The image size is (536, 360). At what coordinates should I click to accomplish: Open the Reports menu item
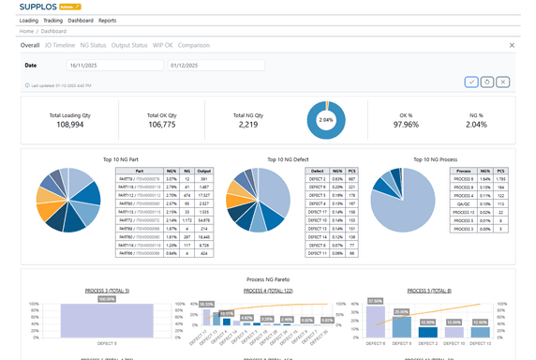(x=108, y=20)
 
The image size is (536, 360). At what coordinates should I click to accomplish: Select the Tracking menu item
(x=53, y=20)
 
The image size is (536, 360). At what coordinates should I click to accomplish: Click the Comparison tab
(x=194, y=45)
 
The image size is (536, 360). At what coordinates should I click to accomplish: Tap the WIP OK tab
(x=162, y=45)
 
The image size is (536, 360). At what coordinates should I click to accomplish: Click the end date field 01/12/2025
(x=216, y=66)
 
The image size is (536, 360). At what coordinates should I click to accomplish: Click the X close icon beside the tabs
(x=512, y=45)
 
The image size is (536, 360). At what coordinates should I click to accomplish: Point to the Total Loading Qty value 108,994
(x=69, y=124)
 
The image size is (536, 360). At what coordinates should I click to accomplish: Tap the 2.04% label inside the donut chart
(x=326, y=121)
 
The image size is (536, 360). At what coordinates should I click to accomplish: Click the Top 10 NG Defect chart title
(x=287, y=159)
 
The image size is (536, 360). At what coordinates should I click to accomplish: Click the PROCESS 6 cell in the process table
(x=462, y=178)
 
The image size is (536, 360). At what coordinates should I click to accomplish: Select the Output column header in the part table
(x=204, y=171)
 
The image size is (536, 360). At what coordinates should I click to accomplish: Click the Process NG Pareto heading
(x=267, y=279)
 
